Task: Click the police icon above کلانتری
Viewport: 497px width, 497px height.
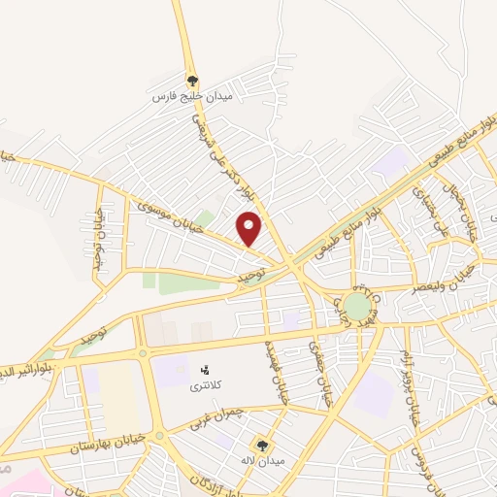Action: click(x=204, y=370)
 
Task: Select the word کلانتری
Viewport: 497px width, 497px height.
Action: click(x=205, y=385)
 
